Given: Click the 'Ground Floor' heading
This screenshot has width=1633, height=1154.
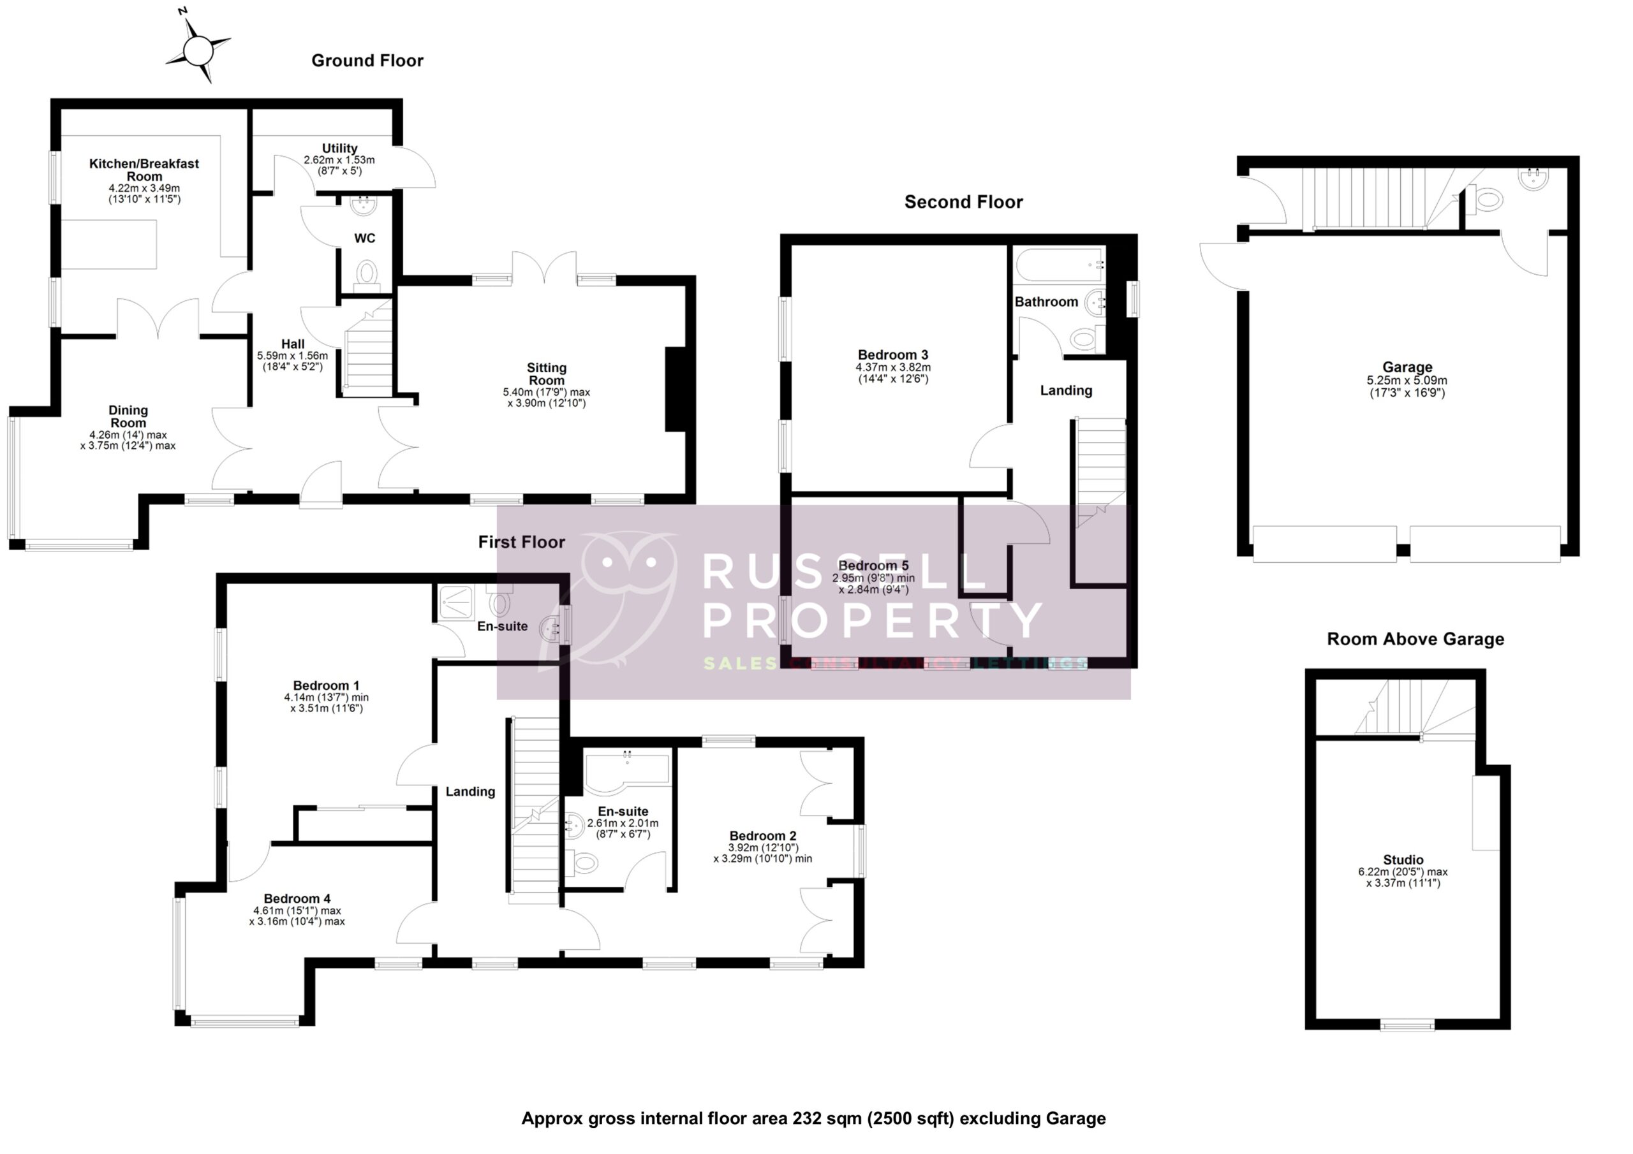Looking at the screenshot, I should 367,61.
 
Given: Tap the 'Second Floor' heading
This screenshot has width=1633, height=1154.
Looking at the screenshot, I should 963,203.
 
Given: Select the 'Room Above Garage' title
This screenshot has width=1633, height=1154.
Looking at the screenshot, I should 1415,639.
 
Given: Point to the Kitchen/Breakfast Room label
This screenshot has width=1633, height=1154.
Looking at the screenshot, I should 144,170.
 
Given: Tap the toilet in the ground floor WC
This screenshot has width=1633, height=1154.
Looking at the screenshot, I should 366,273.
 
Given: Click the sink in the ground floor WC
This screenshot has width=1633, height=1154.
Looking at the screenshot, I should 364,206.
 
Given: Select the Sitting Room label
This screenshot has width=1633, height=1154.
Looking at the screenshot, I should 546,374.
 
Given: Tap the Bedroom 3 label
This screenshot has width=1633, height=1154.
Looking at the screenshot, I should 892,354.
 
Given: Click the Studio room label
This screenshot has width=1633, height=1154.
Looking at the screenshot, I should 1403,859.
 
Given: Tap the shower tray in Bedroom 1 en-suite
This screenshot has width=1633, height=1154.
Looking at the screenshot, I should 456,601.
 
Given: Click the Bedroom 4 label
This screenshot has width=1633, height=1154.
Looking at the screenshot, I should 297,899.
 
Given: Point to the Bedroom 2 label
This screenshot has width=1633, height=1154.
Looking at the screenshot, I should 762,836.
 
